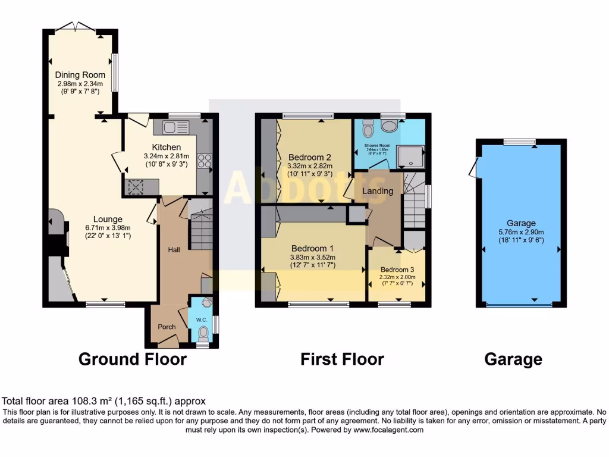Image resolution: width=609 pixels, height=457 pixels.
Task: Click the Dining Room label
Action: click(x=80, y=75)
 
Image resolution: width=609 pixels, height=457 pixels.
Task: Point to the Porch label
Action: click(x=167, y=327)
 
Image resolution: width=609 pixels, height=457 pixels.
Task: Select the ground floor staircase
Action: click(x=201, y=229)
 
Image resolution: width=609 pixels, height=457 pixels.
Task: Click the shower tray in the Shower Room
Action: click(x=411, y=156)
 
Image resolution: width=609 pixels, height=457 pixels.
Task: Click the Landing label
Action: click(x=378, y=191)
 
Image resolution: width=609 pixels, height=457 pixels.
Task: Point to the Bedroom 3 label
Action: click(x=396, y=269)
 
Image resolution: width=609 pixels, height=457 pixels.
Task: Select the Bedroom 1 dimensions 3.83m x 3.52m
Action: click(x=313, y=257)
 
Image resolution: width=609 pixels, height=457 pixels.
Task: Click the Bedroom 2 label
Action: click(x=310, y=158)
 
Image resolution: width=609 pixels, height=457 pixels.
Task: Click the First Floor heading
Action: click(x=342, y=359)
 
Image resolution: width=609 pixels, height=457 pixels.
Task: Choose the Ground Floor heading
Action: click(x=132, y=359)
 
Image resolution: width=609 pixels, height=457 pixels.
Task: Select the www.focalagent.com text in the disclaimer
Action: click(x=389, y=430)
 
